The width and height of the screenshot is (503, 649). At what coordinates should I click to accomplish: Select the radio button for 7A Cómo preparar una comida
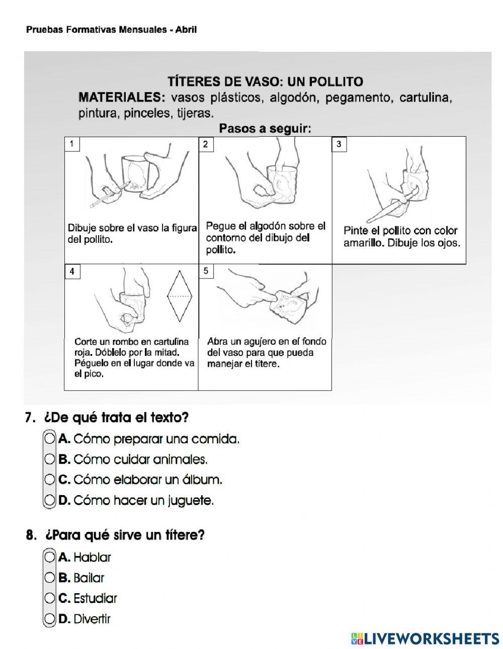coord(49,439)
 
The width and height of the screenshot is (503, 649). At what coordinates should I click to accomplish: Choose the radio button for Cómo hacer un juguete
coord(49,501)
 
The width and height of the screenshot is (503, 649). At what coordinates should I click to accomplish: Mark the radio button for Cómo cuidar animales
coord(49,459)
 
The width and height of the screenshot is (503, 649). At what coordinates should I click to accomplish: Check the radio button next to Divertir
coord(49,619)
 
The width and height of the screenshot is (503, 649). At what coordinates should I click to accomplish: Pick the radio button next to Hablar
coord(49,557)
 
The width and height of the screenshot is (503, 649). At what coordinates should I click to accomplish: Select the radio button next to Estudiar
coord(49,598)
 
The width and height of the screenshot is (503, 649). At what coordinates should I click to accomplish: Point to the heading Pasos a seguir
coord(265,129)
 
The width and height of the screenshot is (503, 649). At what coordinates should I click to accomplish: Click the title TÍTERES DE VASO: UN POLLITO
coord(265,81)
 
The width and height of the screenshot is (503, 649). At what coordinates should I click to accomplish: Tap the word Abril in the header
coord(186,30)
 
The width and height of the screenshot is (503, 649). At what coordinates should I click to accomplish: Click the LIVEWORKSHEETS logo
coord(425,638)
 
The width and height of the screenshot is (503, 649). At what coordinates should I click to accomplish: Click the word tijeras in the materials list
coord(194,113)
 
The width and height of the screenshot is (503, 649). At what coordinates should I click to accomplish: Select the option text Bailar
coord(89,578)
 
